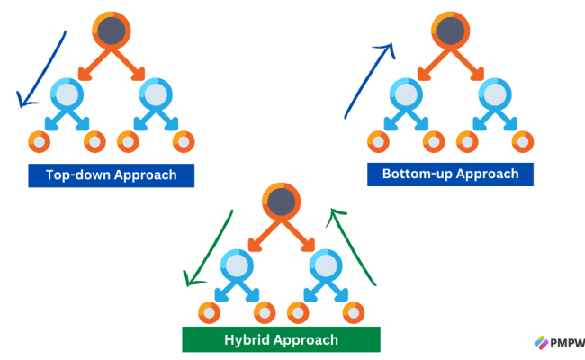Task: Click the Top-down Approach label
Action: pos(112,175)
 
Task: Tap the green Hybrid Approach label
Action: pos(281,339)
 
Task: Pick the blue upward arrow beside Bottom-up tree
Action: pos(368,79)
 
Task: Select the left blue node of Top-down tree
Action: pos(67,94)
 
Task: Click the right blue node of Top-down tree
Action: pos(156,94)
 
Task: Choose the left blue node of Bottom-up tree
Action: pos(405,94)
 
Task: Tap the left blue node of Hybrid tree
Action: pos(237,265)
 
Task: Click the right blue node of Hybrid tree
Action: pos(325,265)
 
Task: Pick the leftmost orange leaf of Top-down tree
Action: pos(40,141)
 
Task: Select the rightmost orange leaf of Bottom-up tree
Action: pos(521,141)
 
